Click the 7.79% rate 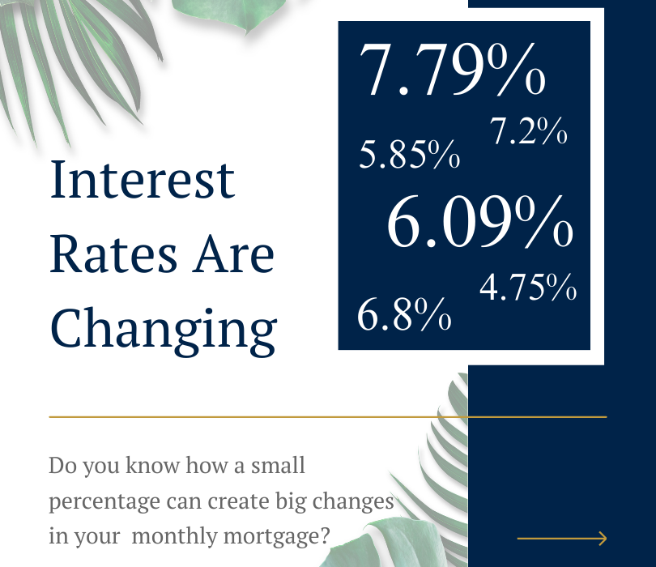click(x=452, y=70)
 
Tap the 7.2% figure click(x=528, y=131)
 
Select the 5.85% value click(x=410, y=154)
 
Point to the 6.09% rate click(x=480, y=221)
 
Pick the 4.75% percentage click(x=528, y=287)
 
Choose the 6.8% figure click(x=404, y=314)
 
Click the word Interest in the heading click(x=143, y=180)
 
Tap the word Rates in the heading click(x=113, y=254)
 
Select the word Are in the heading click(x=233, y=254)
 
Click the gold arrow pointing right click(x=562, y=539)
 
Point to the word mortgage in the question click(x=274, y=537)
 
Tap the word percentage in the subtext click(x=104, y=502)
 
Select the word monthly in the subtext click(x=175, y=536)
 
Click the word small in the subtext click(x=278, y=465)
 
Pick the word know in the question click(x=153, y=465)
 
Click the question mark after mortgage click(x=326, y=535)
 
